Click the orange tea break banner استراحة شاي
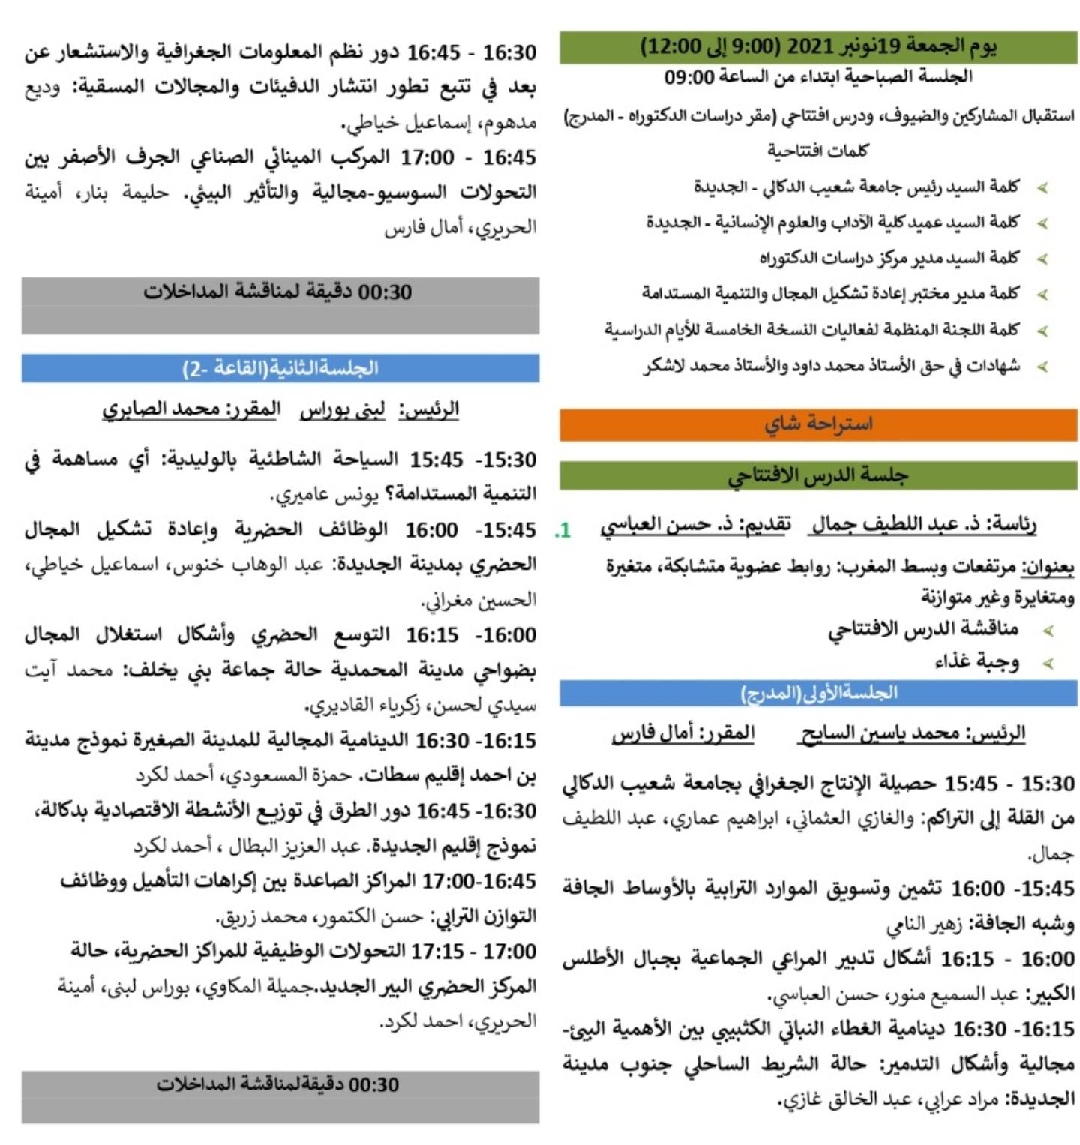tap(818, 424)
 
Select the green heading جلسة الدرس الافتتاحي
tap(817, 475)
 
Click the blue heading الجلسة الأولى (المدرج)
tap(818, 694)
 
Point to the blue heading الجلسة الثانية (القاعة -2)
tap(280, 368)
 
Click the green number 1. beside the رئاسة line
tap(562, 531)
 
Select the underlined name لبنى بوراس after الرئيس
tap(343, 409)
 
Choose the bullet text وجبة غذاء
tap(976, 662)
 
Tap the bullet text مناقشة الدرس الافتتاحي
tap(923, 628)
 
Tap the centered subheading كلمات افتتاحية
tap(817, 151)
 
